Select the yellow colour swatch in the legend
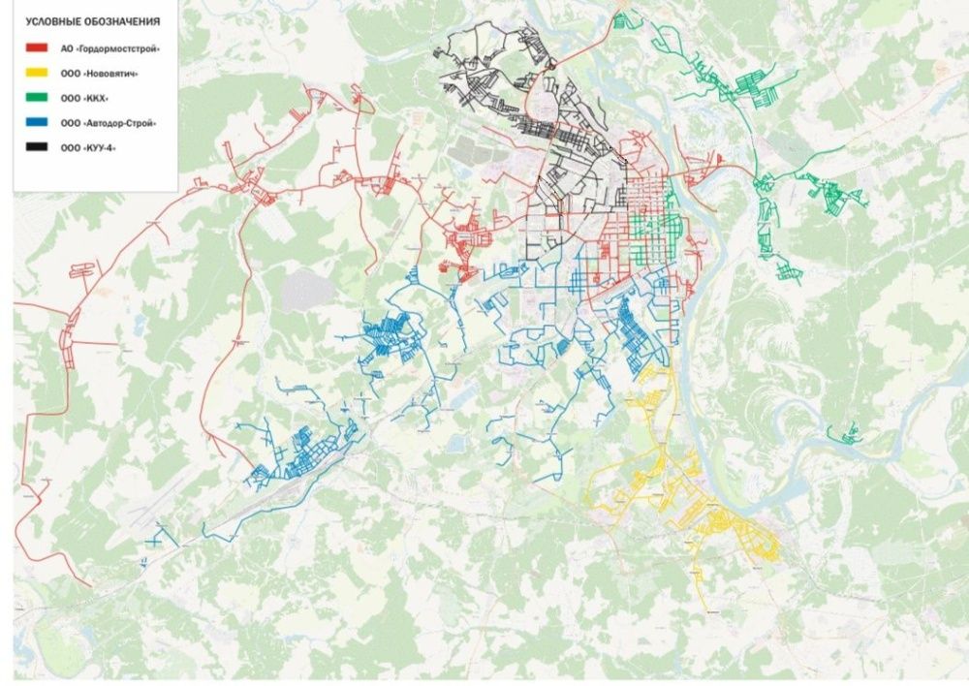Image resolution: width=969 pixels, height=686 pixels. [36, 72]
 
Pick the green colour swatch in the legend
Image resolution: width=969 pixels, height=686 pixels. [36, 97]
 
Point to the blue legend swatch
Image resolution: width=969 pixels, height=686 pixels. [36, 122]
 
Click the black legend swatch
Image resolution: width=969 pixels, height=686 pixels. [36, 147]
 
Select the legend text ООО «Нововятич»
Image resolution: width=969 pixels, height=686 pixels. [98, 72]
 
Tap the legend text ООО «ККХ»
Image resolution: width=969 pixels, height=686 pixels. [86, 97]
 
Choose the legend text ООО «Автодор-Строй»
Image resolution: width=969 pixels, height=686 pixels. [108, 123]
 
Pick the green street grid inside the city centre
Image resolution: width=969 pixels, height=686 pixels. [654, 233]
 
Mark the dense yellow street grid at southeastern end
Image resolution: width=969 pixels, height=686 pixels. [741, 531]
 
